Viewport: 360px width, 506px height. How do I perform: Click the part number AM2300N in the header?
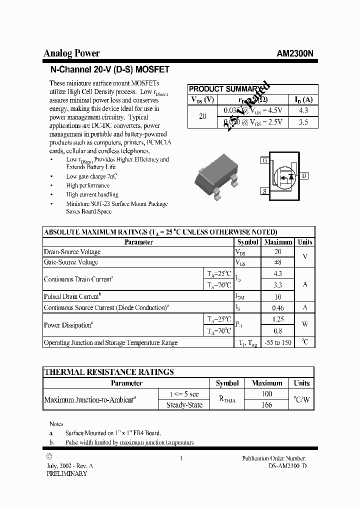click(295, 54)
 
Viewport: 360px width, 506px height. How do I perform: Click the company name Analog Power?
click(71, 53)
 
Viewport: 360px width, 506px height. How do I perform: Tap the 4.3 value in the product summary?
click(303, 110)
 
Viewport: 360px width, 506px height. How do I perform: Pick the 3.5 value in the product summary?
click(303, 122)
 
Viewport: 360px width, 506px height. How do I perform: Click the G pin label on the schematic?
click(264, 160)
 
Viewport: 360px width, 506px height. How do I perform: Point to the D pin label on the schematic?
click(304, 175)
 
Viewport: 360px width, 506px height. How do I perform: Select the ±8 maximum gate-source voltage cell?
click(278, 262)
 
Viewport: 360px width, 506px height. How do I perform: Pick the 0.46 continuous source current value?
click(278, 308)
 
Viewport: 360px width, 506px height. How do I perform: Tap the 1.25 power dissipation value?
click(278, 319)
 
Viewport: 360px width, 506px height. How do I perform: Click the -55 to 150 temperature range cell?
click(278, 342)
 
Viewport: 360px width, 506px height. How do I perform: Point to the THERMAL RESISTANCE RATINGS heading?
click(109, 372)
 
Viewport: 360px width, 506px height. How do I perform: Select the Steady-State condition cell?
click(184, 405)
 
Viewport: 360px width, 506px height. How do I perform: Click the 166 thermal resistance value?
click(267, 405)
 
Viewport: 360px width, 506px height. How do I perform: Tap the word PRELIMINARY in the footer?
click(66, 473)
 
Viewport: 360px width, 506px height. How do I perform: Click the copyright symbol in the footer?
click(48, 456)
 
